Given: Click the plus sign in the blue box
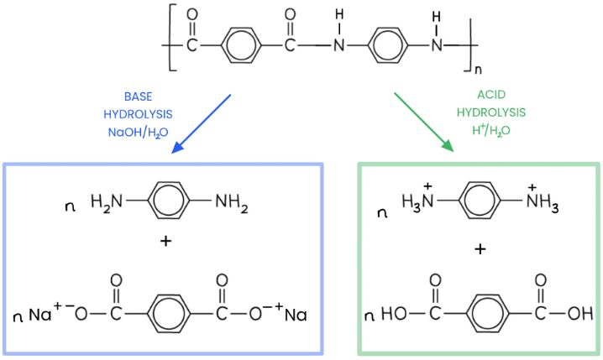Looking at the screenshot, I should point(165,242).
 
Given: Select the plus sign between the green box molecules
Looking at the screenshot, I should point(481,249).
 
